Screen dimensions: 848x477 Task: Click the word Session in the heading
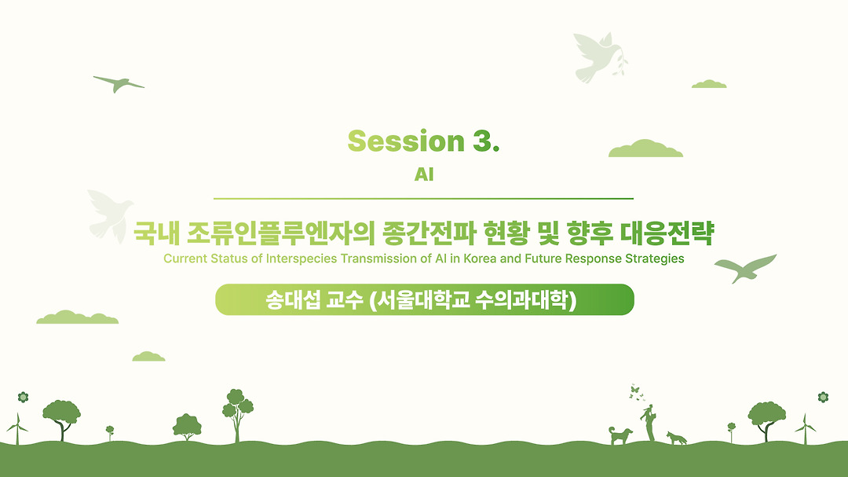point(406,141)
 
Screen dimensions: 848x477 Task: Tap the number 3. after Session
point(486,141)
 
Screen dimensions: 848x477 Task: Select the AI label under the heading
point(424,174)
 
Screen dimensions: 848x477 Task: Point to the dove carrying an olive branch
point(600,57)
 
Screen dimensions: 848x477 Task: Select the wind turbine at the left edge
point(17,428)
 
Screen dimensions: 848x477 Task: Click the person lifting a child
point(649,423)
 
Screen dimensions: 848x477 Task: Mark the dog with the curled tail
point(620,435)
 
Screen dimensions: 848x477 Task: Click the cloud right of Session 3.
point(645,149)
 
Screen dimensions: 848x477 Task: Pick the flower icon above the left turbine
point(23,398)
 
